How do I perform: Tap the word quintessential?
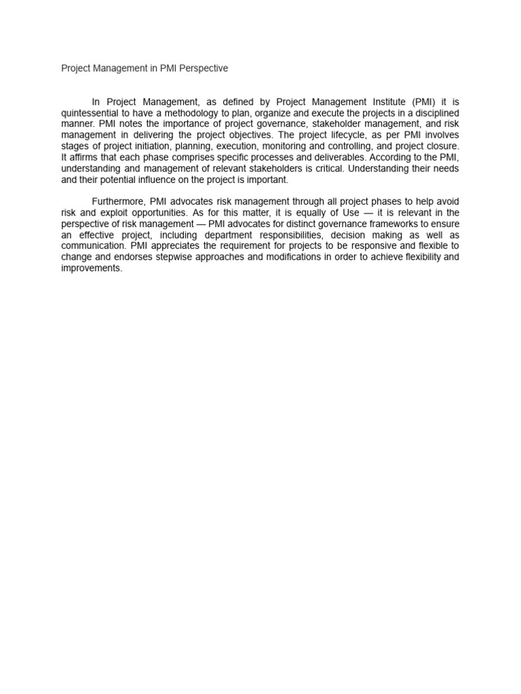(94, 113)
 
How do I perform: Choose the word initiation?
(150, 146)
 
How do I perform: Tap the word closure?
(442, 146)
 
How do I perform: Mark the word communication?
(92, 246)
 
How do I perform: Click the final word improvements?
(92, 268)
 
